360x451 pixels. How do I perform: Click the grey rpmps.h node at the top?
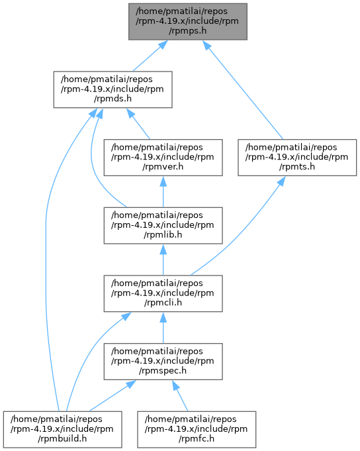[x=188, y=22]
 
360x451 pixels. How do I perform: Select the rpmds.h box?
[x=112, y=89]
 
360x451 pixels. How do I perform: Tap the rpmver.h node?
[x=163, y=158]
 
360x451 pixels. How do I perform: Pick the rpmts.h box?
[x=297, y=158]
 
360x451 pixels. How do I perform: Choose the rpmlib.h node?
[x=163, y=225]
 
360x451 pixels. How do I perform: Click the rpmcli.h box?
[x=163, y=293]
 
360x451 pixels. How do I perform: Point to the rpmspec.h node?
[x=163, y=361]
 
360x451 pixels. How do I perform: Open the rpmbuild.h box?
[x=62, y=429]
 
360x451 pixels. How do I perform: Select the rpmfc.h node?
[x=197, y=429]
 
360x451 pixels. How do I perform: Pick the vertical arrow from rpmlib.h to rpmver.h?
[x=163, y=191]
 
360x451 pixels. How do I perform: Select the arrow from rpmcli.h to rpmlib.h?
[x=163, y=260]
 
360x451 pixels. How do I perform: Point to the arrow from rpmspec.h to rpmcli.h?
[x=163, y=328]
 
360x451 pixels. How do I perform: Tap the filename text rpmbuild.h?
[x=62, y=438]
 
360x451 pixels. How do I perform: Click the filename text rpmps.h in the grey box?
[x=188, y=30]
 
